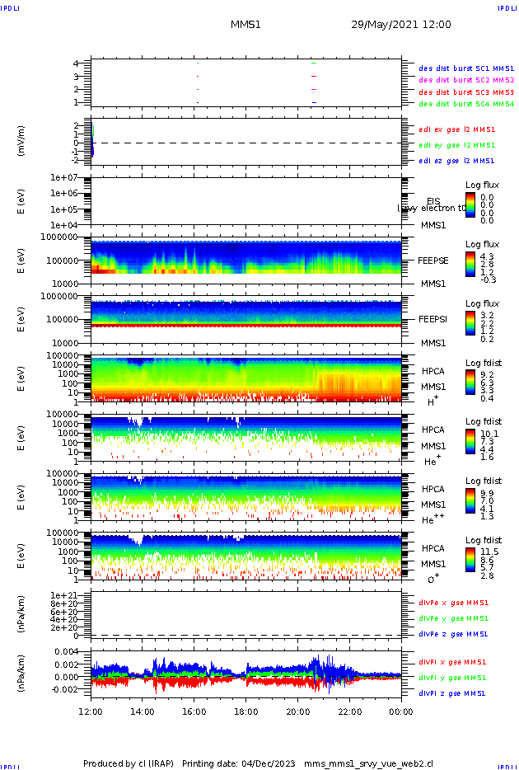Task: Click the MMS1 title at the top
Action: pyautogui.click(x=245, y=25)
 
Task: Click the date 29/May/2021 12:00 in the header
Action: pyautogui.click(x=400, y=25)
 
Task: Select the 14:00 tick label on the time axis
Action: pyautogui.click(x=143, y=711)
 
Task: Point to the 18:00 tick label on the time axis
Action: pyautogui.click(x=246, y=711)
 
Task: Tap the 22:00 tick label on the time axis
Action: pyautogui.click(x=350, y=711)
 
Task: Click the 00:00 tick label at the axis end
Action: pyautogui.click(x=401, y=711)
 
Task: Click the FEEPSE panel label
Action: pyautogui.click(x=432, y=261)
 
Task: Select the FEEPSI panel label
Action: pyautogui.click(x=432, y=319)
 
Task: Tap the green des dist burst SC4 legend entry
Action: pyautogui.click(x=466, y=104)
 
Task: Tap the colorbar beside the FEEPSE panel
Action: pyautogui.click(x=470, y=263)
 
